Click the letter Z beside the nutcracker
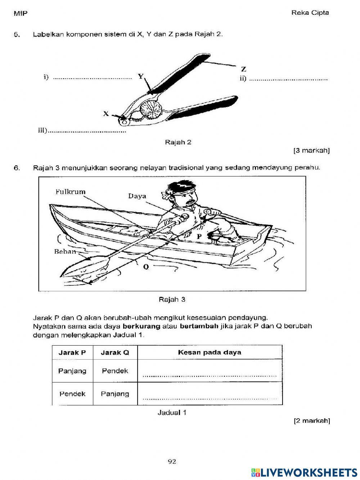[x=244, y=69]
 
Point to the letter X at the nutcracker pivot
[x=106, y=114]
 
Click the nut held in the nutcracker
[x=153, y=110]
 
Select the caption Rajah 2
[x=178, y=142]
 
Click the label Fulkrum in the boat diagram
[x=71, y=192]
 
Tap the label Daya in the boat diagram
[x=137, y=196]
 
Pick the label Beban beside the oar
[x=65, y=251]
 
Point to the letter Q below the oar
[x=146, y=267]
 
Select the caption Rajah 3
[x=172, y=299]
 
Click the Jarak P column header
[x=72, y=352]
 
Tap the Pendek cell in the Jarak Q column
[x=115, y=371]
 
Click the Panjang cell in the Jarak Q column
[x=115, y=394]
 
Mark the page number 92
[x=172, y=461]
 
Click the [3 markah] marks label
[x=311, y=150]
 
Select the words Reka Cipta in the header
[x=310, y=13]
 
